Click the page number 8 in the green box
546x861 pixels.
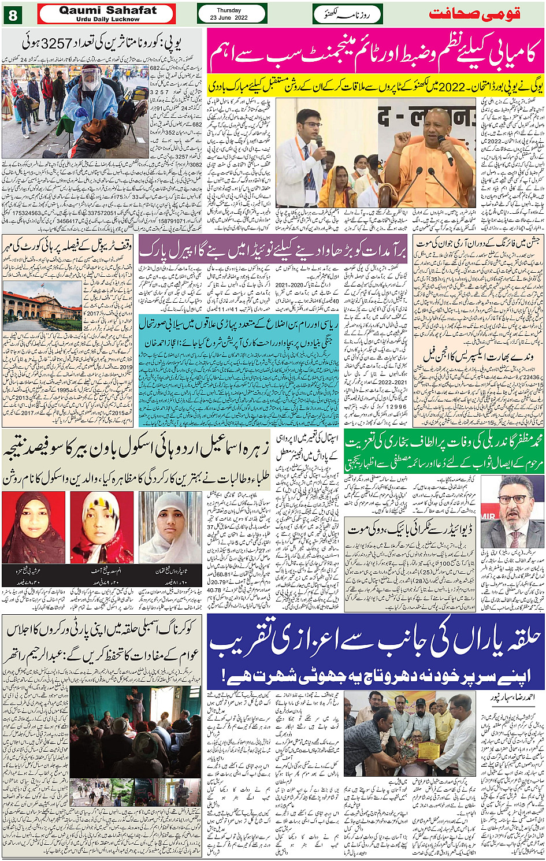(13, 14)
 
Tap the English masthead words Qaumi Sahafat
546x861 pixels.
(107, 10)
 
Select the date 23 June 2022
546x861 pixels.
(229, 18)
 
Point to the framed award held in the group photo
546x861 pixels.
(428, 751)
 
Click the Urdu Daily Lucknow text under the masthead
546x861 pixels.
(107, 20)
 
